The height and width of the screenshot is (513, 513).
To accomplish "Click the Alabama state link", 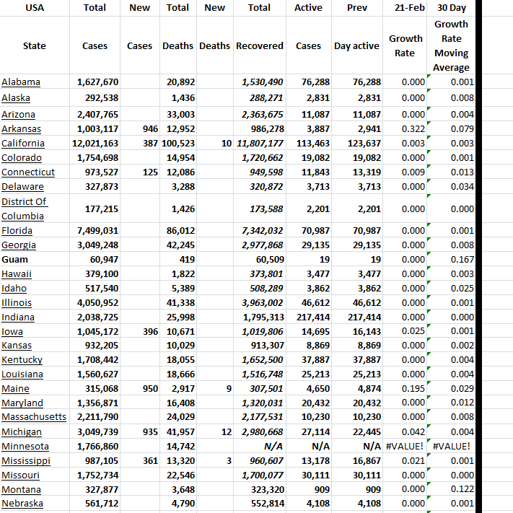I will click(x=21, y=82).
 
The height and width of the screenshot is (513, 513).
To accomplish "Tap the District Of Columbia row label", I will click(x=25, y=209).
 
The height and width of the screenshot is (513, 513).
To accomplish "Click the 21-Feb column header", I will click(x=405, y=8).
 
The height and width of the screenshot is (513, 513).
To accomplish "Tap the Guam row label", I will click(x=14, y=259).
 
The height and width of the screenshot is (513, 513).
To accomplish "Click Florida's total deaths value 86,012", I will click(x=180, y=231).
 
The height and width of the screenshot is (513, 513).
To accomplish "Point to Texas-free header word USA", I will click(x=34, y=8).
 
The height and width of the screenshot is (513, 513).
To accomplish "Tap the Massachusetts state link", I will click(x=33, y=417).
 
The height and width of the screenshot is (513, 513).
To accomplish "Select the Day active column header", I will click(x=356, y=45).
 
